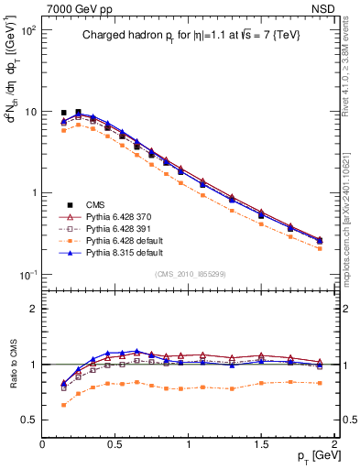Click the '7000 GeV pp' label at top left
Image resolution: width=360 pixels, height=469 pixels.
point(75,7)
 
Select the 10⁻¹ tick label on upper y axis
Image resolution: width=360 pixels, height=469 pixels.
point(27,275)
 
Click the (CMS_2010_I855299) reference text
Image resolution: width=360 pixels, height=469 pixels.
point(189,275)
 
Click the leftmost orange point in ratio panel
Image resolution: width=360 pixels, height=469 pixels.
point(63,404)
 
